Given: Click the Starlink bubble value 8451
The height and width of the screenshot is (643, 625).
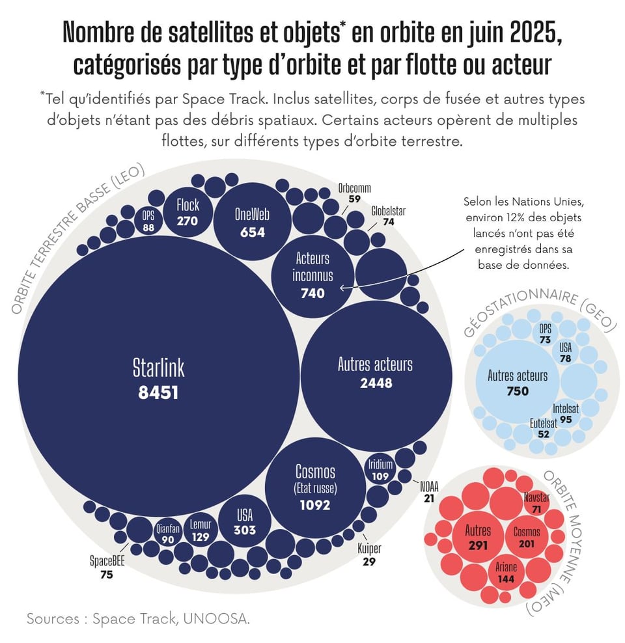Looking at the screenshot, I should pos(158,392).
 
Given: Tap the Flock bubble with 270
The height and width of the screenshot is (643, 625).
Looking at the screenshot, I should pos(187,212).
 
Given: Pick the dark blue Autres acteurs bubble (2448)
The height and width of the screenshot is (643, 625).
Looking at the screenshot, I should pos(376,372).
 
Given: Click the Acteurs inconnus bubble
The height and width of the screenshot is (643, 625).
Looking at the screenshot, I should pos(312,275).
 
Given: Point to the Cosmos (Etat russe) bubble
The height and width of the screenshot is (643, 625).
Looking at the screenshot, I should pos(314,487).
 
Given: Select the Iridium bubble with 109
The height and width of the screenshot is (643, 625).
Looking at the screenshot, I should pos(380,470).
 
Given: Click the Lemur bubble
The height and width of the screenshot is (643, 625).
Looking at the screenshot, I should pos(201,530).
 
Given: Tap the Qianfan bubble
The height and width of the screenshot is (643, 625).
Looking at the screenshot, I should pos(168,534).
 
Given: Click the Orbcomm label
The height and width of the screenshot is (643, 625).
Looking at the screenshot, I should pos(354,188).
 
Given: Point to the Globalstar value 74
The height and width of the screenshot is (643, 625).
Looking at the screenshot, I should pos(388,222).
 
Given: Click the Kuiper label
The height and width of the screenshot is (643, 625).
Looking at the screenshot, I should pos(369,549).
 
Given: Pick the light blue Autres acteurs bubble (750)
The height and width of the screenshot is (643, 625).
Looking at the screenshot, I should pos(518,383).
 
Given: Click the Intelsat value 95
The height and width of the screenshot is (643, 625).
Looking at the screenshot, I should pos(566,420).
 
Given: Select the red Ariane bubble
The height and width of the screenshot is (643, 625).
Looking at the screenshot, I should pos(506,571).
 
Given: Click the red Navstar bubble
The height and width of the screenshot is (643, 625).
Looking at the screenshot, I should pos(537,502).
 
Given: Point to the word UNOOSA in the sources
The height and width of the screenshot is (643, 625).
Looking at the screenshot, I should pos(217,619).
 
